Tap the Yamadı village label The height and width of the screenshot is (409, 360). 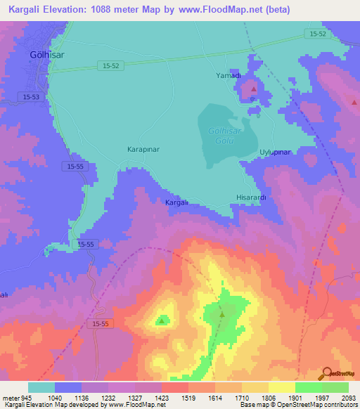pyautogui.click(x=228, y=75)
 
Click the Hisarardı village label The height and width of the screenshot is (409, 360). pyautogui.click(x=251, y=198)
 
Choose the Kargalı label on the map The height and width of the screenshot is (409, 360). pyautogui.click(x=177, y=202)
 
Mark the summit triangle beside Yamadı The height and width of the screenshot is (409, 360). pyautogui.click(x=254, y=90)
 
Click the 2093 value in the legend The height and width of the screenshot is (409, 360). pyautogui.click(x=349, y=397)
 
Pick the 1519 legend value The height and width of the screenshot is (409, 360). pyautogui.click(x=188, y=397)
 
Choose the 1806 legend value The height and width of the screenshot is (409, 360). pyautogui.click(x=268, y=397)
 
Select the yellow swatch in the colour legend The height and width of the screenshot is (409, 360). pyautogui.click(x=281, y=387)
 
